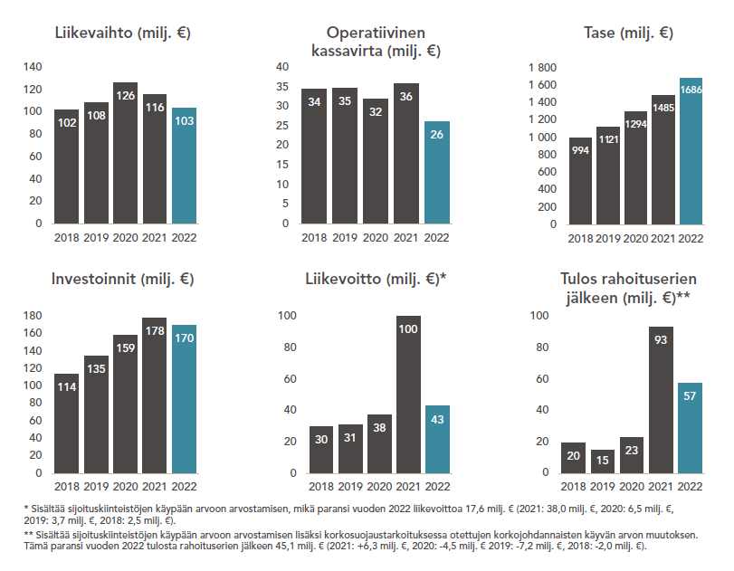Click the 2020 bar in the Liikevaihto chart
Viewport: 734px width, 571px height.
pos(125,153)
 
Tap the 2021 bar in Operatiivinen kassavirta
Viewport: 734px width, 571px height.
pos(406,153)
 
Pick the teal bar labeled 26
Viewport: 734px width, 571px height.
pos(436,172)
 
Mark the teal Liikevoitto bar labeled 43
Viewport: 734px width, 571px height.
pos(437,439)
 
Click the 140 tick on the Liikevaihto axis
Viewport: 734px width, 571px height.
pos(32,67)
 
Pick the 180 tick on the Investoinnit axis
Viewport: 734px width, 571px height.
pos(32,316)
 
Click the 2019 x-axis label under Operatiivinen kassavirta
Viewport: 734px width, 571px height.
pos(343,238)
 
